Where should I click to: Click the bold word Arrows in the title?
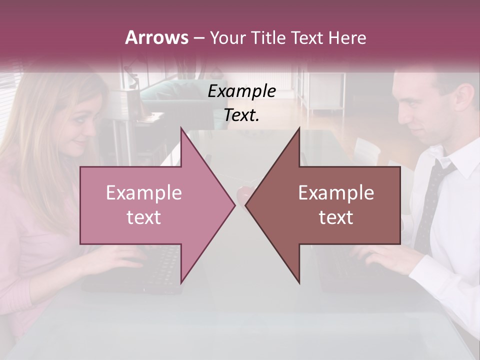[156, 37]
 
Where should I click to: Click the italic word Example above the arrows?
[241, 91]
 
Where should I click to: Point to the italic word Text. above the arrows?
[241, 115]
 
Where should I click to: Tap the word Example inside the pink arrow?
[144, 193]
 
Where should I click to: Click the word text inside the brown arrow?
[336, 217]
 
